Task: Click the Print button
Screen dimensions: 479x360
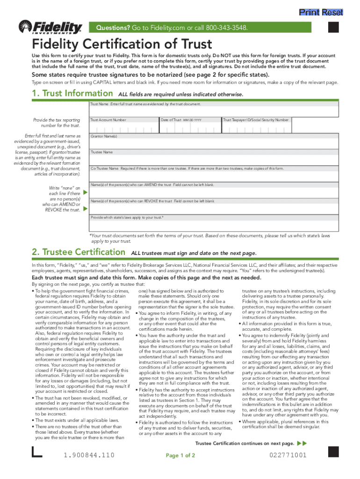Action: click(309, 12)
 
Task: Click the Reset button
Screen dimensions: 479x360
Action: click(332, 12)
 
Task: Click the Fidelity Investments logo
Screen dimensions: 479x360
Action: click(50, 28)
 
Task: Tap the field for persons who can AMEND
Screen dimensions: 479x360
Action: click(214, 192)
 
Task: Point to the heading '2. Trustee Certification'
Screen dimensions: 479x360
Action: click(78, 252)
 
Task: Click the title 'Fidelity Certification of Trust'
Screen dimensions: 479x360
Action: click(122, 44)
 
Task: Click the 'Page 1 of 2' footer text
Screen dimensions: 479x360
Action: click(180, 456)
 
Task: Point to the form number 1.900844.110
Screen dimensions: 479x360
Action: click(89, 455)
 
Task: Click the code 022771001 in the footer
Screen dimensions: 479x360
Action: click(288, 455)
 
